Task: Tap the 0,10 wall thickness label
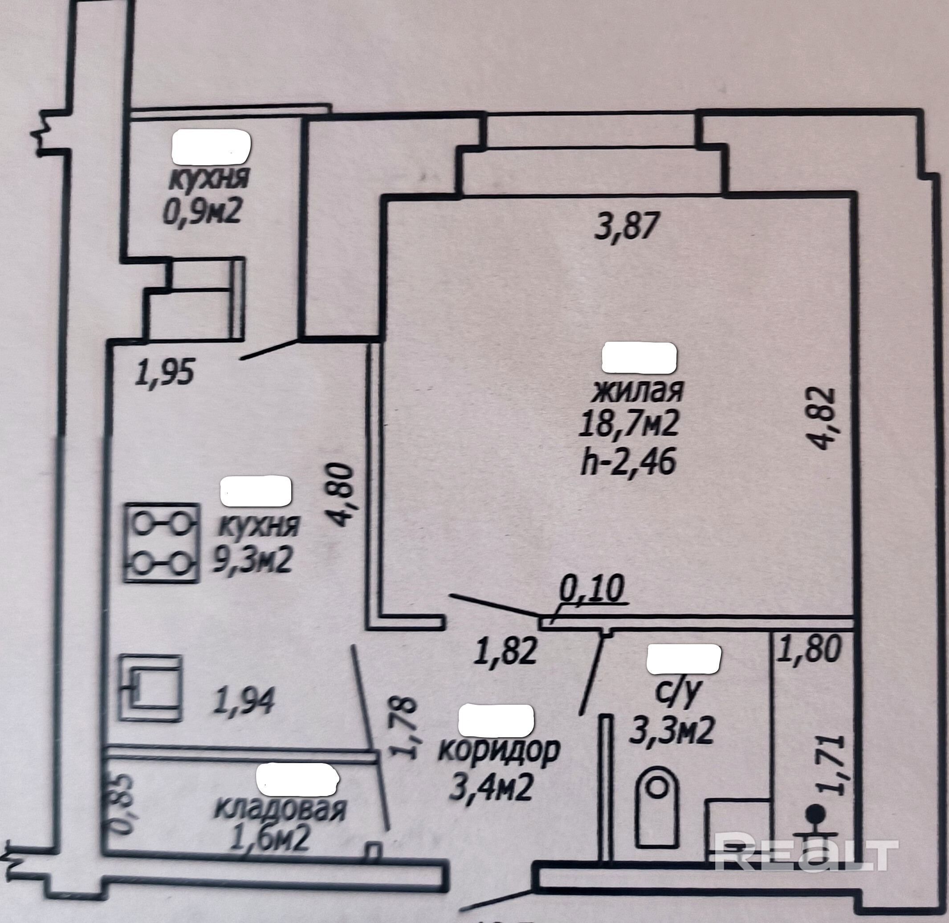point(591,590)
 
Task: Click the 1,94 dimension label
point(244,701)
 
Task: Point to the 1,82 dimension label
point(506,650)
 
